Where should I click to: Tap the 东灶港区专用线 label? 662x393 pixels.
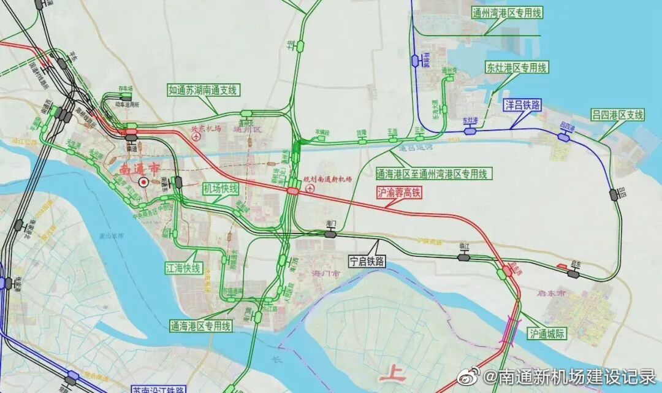coord(516,67)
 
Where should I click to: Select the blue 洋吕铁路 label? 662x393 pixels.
coord(523,105)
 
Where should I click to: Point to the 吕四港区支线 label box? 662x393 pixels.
coord(618,115)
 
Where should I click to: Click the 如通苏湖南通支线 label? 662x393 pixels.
coord(203,90)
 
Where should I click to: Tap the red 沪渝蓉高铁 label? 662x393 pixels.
coord(399,193)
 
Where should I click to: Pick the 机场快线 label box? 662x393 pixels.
coord(220,188)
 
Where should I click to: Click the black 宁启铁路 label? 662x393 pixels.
coord(367,261)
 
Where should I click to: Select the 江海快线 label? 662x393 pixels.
coord(183,268)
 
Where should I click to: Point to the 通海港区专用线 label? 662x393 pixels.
coord(201,326)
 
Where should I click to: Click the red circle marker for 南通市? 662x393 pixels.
coord(143,181)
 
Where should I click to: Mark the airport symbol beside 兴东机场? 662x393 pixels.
coord(196,138)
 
